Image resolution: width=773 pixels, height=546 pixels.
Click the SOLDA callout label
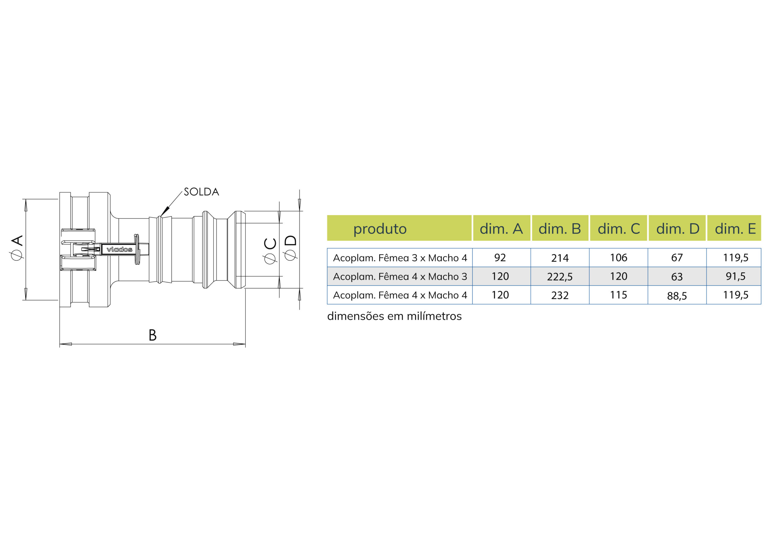(201, 192)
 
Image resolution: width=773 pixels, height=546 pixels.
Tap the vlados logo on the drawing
(119, 249)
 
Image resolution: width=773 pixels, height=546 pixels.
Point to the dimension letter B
(152, 335)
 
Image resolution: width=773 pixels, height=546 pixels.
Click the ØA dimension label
(17, 247)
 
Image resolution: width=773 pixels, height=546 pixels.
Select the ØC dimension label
(270, 251)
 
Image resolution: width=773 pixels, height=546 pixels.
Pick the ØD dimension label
(290, 248)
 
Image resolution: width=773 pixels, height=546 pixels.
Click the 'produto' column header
(380, 229)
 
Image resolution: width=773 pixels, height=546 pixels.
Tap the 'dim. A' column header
(501, 229)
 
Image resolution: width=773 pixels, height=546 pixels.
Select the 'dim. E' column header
(735, 229)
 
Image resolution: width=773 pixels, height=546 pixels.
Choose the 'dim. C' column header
(618, 229)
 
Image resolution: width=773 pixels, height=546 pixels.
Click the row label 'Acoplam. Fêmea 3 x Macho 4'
(400, 258)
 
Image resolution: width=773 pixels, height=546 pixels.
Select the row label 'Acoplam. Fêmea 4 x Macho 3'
(400, 277)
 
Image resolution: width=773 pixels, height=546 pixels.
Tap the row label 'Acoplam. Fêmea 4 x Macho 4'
(400, 295)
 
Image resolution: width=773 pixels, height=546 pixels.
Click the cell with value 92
(500, 258)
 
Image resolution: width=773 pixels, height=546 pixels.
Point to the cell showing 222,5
(560, 277)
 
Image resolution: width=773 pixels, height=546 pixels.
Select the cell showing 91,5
(736, 276)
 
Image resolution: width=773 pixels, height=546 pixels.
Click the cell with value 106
(618, 258)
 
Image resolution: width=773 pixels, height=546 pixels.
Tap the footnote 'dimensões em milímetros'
(394, 316)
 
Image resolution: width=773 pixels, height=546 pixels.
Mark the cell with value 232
(560, 295)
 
